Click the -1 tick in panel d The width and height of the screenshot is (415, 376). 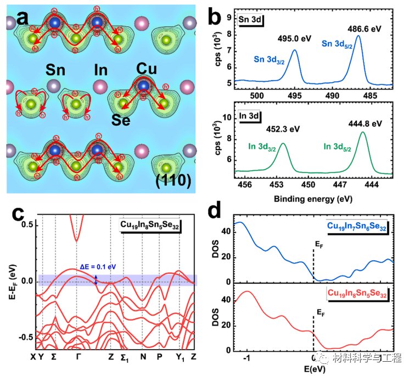coord(246,358)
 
